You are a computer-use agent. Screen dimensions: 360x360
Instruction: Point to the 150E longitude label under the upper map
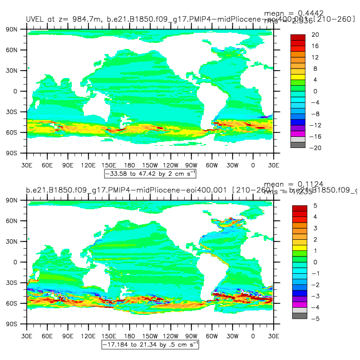click(108, 165)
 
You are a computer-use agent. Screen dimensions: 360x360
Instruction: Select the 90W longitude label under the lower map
click(191, 336)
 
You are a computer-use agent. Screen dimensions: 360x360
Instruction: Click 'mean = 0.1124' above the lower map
click(301, 184)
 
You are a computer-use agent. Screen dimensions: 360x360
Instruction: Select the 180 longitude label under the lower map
click(129, 336)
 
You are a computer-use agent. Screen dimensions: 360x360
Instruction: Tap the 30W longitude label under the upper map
click(232, 165)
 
